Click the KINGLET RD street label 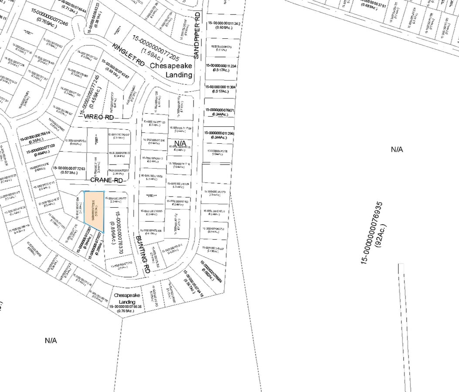click(x=128, y=54)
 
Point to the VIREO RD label click(x=96, y=117)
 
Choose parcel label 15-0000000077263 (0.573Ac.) click(x=69, y=170)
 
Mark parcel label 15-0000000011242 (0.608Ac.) click(x=224, y=25)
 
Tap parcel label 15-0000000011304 click(x=221, y=89)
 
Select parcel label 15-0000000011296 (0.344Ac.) click(x=221, y=135)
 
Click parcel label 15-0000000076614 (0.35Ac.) click(x=35, y=137)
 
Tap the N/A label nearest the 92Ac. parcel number click(x=397, y=149)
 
